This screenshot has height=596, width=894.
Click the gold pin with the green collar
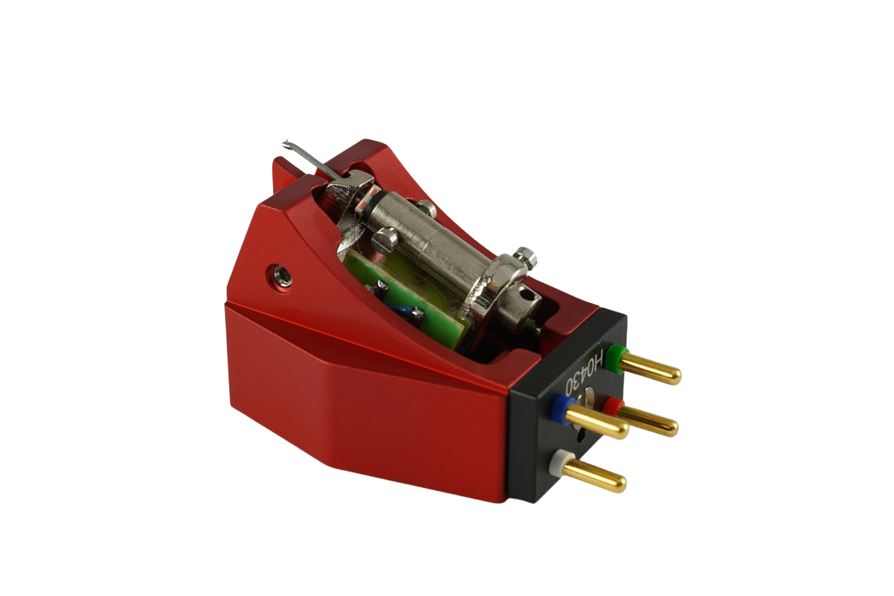pos(650,367)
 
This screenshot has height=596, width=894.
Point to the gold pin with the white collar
pos(597,475)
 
